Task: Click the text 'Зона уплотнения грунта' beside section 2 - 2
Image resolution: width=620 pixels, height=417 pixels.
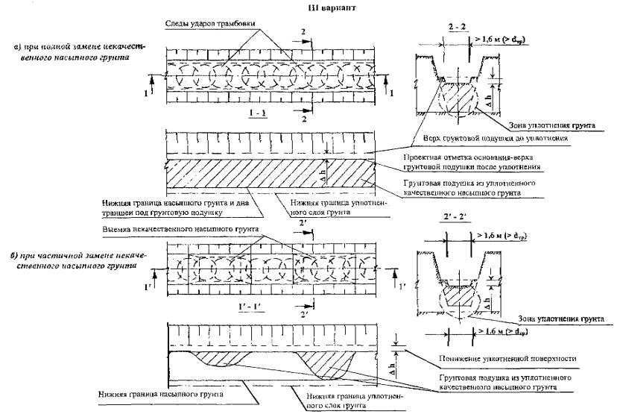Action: pos(553,126)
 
